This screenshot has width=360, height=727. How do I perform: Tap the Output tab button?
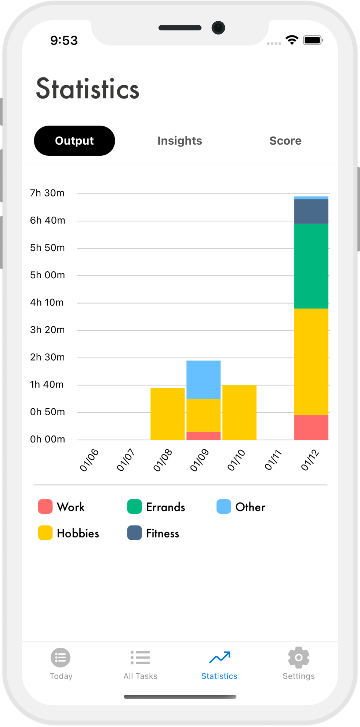(74, 141)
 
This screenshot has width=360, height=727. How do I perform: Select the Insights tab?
(179, 141)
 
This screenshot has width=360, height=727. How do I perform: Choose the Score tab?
(285, 141)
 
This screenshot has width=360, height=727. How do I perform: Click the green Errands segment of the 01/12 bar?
(311, 266)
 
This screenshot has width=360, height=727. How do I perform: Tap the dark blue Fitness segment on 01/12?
(311, 211)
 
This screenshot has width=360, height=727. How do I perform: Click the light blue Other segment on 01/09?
(203, 380)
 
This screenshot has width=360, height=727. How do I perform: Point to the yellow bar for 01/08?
(167, 414)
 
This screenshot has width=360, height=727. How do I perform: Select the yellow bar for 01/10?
(239, 412)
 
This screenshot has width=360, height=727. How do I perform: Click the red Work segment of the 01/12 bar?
(311, 427)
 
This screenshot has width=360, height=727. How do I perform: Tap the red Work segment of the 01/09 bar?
(203, 436)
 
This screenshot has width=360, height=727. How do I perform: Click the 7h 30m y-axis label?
(47, 193)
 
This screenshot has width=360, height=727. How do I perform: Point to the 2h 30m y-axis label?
(47, 357)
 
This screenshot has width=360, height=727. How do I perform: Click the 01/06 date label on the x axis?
(89, 460)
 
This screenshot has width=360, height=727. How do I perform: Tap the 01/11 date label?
(273, 460)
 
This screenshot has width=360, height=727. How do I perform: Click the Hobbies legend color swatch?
(45, 533)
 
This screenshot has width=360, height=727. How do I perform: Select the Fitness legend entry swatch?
(134, 533)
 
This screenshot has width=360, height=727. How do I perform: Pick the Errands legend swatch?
(134, 507)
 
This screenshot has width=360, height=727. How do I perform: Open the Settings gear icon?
(298, 658)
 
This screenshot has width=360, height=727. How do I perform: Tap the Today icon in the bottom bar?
(61, 658)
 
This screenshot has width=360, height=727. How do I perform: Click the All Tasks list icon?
(140, 658)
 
